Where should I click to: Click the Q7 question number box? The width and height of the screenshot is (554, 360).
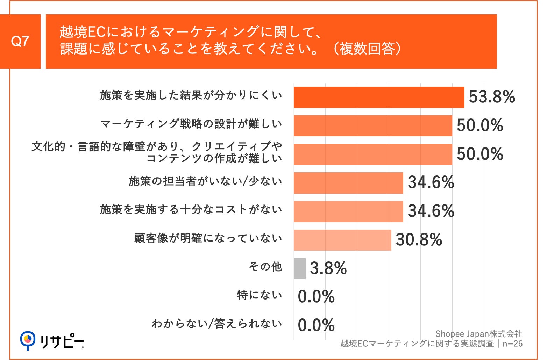coord(20,41)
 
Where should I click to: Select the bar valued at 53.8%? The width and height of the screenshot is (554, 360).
coord(379,98)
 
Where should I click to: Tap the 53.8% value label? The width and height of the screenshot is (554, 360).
coord(491,97)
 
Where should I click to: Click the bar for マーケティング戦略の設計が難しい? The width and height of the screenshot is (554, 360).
coord(372,126)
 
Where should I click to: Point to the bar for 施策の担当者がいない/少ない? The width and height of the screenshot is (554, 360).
coord(348,183)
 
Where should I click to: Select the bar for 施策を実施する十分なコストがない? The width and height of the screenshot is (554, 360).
coord(348,211)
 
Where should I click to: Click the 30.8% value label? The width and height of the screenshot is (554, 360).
coord(419,240)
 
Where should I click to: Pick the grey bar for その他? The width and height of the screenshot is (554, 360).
coord(299,269)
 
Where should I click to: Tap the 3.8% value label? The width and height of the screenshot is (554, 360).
coord(328,268)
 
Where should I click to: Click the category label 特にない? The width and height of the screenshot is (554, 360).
coord(259,295)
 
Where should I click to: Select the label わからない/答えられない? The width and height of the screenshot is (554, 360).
coord(216,324)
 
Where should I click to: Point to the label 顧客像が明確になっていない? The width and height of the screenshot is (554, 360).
coord(208,238)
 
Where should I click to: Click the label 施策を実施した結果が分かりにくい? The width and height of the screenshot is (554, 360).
coord(191,95)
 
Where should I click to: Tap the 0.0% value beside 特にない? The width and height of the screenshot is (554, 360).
coord(316,297)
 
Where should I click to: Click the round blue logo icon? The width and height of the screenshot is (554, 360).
coord(28,340)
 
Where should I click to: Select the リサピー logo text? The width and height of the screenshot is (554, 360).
coord(62,341)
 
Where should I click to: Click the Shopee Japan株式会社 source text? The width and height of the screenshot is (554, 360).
coord(478,334)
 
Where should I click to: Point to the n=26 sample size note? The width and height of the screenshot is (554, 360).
coord(512,344)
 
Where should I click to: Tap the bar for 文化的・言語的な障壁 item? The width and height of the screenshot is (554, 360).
coord(372,154)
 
